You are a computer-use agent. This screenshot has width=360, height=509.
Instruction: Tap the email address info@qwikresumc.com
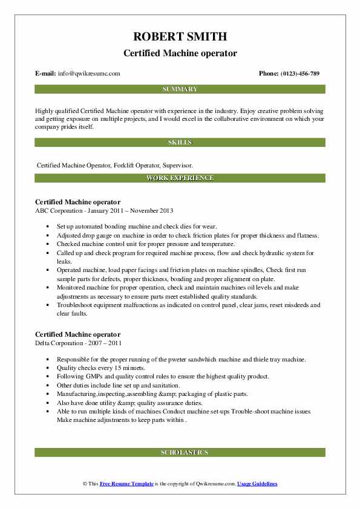(89, 74)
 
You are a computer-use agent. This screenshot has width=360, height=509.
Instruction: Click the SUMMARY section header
(180, 89)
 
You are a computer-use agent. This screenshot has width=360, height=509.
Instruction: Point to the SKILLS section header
(180, 143)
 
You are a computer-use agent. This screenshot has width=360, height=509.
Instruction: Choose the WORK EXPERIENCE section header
(180, 178)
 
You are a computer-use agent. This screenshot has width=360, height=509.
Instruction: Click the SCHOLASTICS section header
(180, 452)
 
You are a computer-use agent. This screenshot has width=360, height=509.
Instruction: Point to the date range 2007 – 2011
(107, 342)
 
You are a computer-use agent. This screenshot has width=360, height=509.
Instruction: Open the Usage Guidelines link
(257, 484)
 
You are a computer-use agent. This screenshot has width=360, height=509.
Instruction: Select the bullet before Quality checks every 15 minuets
(48, 368)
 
